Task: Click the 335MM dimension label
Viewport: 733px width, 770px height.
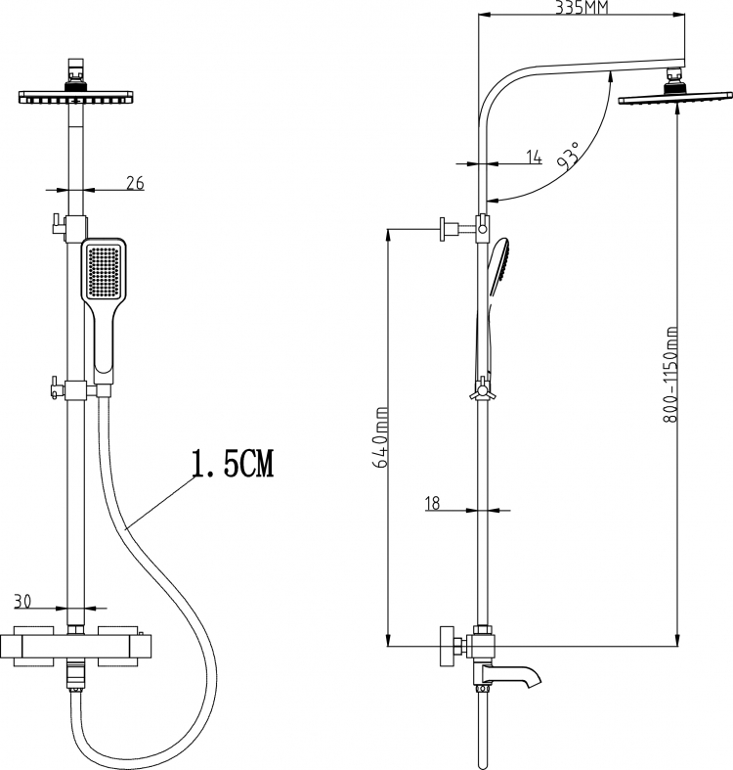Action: pyautogui.click(x=581, y=8)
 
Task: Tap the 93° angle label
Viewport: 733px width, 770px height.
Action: pyautogui.click(x=569, y=156)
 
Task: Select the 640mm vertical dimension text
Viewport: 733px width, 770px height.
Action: pyautogui.click(x=381, y=437)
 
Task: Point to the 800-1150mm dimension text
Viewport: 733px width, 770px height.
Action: pyautogui.click(x=670, y=374)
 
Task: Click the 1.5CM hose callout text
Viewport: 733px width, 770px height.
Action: pyautogui.click(x=233, y=463)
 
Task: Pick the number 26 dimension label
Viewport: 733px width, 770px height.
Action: pyautogui.click(x=136, y=183)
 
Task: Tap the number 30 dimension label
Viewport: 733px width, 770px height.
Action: pyautogui.click(x=22, y=601)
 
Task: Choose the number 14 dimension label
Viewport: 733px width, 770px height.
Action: pyautogui.click(x=534, y=157)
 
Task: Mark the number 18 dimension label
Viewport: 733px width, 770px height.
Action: pyautogui.click(x=433, y=503)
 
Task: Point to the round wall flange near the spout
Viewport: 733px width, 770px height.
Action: pyautogui.click(x=448, y=647)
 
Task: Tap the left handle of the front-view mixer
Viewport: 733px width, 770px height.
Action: pyautogui.click(x=33, y=647)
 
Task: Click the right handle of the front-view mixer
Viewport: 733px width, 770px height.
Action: pyautogui.click(x=117, y=647)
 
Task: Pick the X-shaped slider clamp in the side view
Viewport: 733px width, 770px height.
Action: pyautogui.click(x=482, y=391)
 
